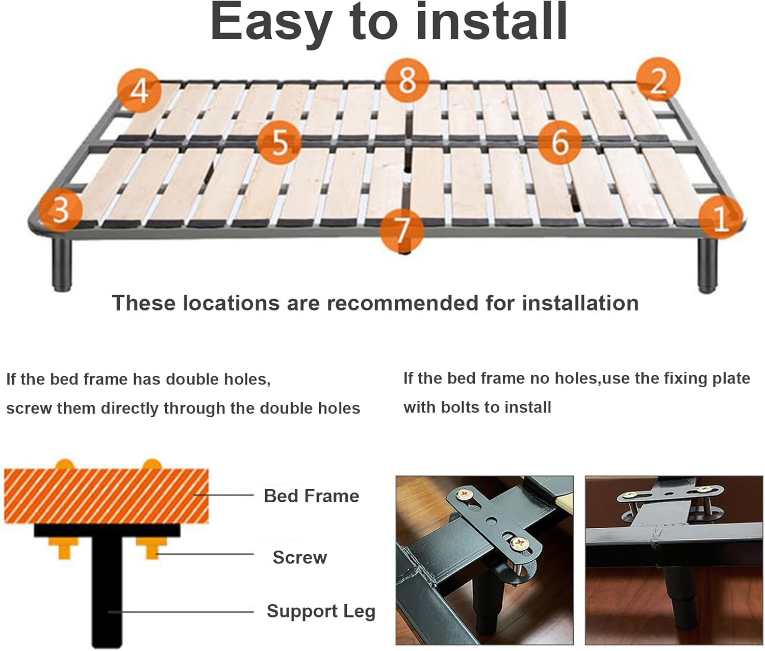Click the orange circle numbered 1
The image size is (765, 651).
[x=720, y=218]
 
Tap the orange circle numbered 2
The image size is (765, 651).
[x=658, y=80]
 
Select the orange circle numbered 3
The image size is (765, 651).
[x=61, y=209]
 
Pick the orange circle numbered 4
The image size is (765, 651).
[x=139, y=91]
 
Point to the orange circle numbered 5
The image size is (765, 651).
[x=279, y=142]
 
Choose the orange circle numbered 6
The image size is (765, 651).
[x=559, y=141]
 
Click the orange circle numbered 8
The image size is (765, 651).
[x=407, y=80]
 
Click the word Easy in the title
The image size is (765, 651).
[x=271, y=23]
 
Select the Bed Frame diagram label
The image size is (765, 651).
[x=311, y=496]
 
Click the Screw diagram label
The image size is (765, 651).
[x=299, y=557]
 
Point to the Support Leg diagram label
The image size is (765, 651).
[x=321, y=611]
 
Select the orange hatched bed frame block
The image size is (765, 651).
[x=106, y=496]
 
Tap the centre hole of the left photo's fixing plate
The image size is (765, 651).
[x=492, y=520]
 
